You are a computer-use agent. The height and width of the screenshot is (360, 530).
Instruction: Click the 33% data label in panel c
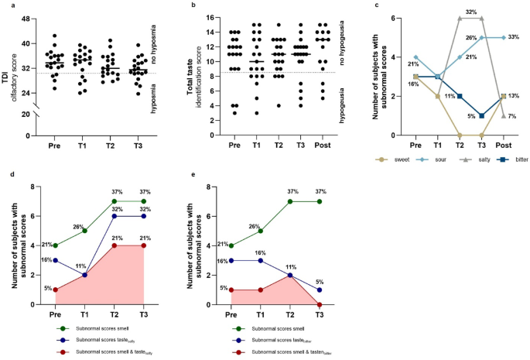[514, 37]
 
